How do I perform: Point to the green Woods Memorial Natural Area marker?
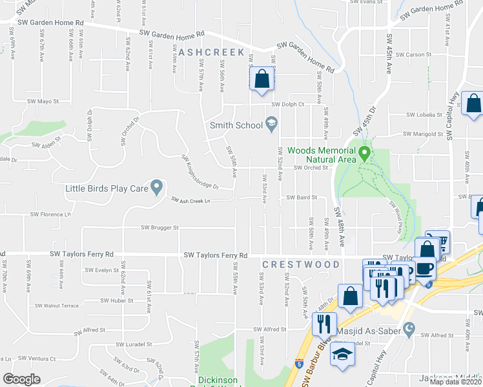365,154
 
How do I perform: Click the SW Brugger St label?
160,228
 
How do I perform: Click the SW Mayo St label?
43,101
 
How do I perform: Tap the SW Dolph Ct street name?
287,104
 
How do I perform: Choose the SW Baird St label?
302,197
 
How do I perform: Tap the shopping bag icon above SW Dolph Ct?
261,80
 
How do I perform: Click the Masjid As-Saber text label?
373,331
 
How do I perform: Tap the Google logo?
21,379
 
